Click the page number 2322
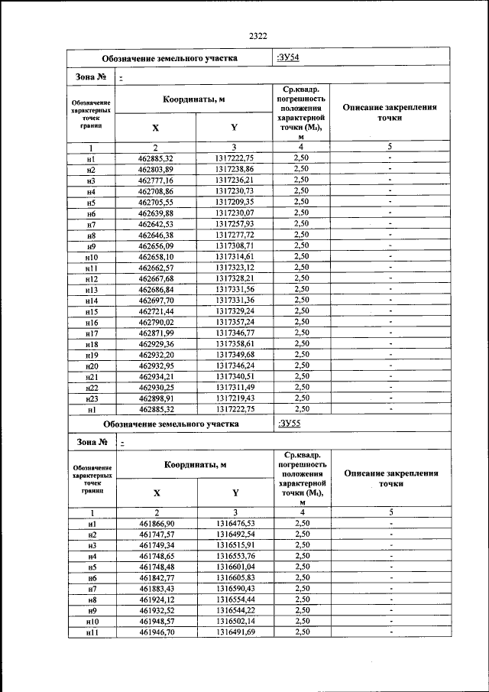257,35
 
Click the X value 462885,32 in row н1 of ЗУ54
156,158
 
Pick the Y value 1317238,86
234,168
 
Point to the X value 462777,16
156,179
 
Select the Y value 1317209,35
234,201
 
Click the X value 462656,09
156,245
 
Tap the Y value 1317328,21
234,278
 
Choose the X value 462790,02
156,323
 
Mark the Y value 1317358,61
234,345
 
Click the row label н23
91,398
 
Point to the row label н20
91,365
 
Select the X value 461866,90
156,522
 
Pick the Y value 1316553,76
234,556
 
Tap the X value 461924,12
156,599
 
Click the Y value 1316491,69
234,633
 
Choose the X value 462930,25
156,388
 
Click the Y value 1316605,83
234,577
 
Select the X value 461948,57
156,622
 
